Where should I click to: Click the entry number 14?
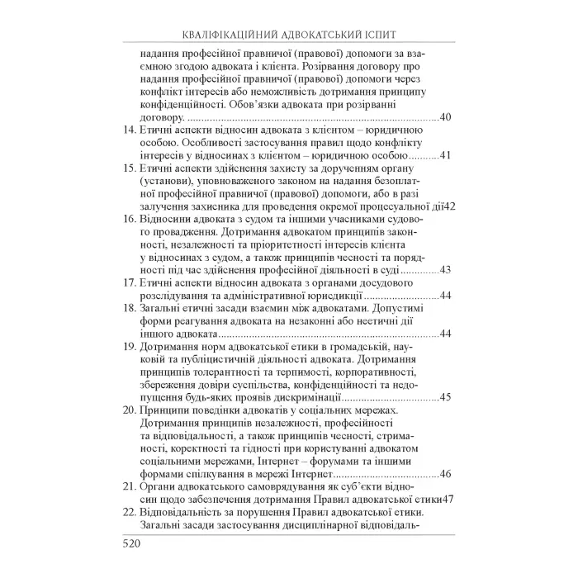pyautogui.click(x=128, y=131)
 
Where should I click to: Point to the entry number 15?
pyautogui.click(x=128, y=168)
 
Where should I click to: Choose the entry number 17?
pyautogui.click(x=128, y=282)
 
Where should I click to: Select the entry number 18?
pyautogui.click(x=128, y=308)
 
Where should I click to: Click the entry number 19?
pyautogui.click(x=128, y=347)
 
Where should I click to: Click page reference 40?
pyautogui.click(x=446, y=118)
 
